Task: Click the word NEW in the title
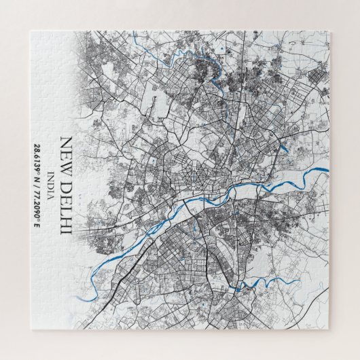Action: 67,151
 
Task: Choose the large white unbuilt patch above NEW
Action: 82,102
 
